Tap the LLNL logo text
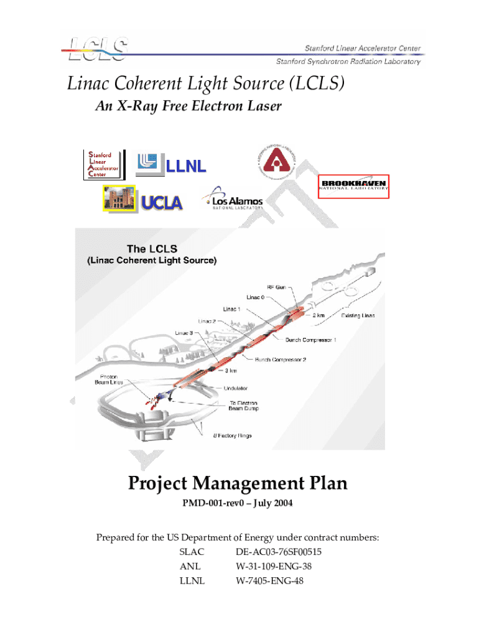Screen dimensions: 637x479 pyautogui.click(x=185, y=166)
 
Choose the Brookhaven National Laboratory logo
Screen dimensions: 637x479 pyautogui.click(x=353, y=185)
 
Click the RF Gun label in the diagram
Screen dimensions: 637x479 pyautogui.click(x=278, y=287)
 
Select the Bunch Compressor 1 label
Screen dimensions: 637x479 pyautogui.click(x=311, y=340)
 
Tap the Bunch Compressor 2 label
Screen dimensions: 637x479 pyautogui.click(x=281, y=359)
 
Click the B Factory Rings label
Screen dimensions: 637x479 pyautogui.click(x=233, y=435)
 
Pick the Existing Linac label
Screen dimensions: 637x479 pyautogui.click(x=358, y=315)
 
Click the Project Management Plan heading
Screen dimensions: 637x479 pyautogui.click(x=238, y=483)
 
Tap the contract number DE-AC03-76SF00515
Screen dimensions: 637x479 pyautogui.click(x=279, y=552)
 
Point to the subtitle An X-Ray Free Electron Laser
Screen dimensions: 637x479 pyautogui.click(x=188, y=106)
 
